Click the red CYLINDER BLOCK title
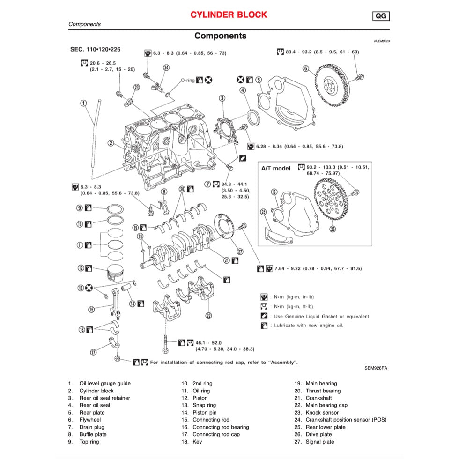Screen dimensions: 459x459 (229, 15)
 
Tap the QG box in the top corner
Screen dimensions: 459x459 (381, 16)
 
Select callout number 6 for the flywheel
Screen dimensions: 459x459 (306, 69)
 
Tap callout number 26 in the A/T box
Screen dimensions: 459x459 (333, 229)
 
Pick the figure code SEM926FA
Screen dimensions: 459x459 (376, 368)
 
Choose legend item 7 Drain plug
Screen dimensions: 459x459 (92, 427)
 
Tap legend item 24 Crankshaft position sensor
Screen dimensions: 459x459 (346, 420)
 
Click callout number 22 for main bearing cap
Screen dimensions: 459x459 (208, 315)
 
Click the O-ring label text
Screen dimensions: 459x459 (187, 80)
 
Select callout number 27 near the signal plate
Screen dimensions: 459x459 (240, 252)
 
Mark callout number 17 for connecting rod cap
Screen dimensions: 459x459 (94, 352)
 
